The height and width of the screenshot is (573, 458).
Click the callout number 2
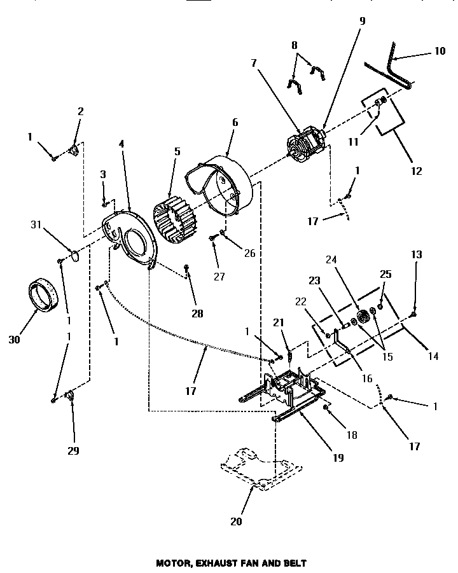[80, 111]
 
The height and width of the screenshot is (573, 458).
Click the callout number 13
[416, 254]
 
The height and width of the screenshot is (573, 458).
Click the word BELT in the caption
[295, 563]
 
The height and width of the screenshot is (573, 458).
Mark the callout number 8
[294, 46]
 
